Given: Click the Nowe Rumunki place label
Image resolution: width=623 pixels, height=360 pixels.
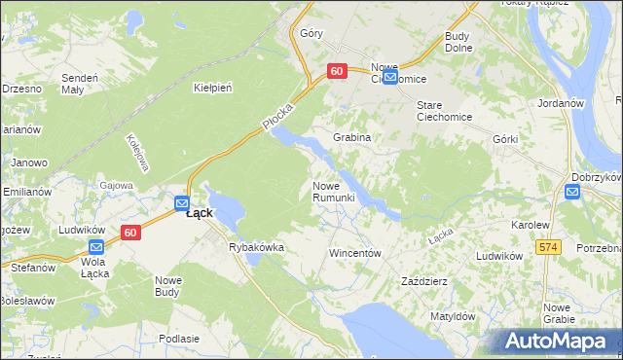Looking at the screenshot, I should click(339, 192).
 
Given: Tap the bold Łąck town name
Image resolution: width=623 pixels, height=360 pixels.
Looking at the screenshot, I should click(200, 213).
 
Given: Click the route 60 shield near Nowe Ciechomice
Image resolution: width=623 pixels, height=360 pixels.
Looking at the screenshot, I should click(337, 71).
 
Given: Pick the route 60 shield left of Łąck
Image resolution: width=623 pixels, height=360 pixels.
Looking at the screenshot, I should click(131, 233).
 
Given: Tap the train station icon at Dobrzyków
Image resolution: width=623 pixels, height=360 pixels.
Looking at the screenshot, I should click(572, 192).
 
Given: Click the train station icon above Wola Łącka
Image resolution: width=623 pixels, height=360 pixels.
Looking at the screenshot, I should click(95, 247).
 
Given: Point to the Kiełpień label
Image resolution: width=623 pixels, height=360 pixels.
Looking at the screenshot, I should click(213, 88).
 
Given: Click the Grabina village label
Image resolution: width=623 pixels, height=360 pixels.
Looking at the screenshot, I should click(351, 137).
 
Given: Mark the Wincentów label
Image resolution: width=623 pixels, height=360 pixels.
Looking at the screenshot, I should click(353, 252).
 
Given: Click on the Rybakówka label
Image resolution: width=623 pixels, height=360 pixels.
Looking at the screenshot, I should click(256, 247).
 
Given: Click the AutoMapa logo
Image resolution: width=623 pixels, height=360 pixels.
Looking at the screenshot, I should click(558, 342).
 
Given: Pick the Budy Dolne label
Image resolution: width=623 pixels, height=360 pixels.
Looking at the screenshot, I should click(458, 42).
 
